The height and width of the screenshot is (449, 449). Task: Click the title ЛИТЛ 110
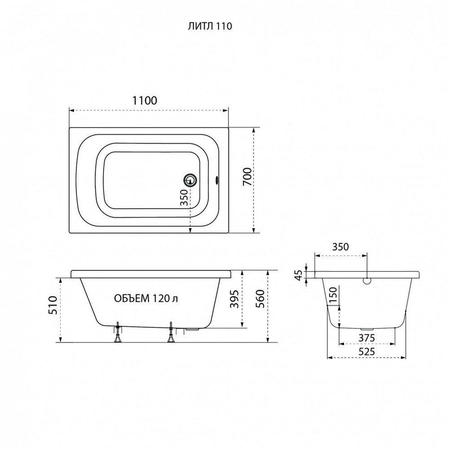210,26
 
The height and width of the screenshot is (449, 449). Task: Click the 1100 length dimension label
145,101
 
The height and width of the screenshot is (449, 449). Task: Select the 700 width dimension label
247,176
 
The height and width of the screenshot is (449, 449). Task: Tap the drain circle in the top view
189,180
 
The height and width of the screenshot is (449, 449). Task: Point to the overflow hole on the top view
217,180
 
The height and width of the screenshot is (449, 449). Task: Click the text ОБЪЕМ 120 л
146,299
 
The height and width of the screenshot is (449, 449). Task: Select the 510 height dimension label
53,305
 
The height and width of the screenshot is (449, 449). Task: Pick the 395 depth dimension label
234,299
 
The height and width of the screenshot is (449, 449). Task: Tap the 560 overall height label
260,299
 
